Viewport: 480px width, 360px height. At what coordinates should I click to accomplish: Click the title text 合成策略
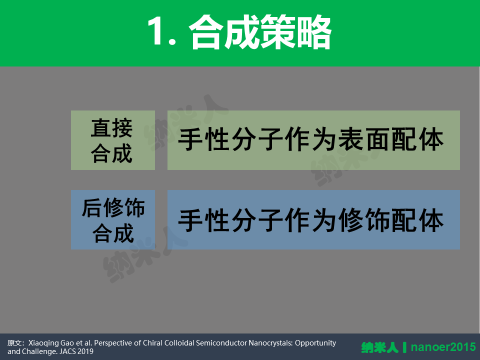[x=260, y=31]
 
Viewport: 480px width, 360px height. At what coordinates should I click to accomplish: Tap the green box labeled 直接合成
[x=113, y=140]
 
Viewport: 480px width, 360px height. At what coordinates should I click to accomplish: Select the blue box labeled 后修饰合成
[x=113, y=219]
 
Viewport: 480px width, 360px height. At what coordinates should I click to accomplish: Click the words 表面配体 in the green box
[x=391, y=140]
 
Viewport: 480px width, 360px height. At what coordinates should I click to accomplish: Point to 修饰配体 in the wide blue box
[x=391, y=220]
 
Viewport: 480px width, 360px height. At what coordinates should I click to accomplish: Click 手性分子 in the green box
[x=230, y=140]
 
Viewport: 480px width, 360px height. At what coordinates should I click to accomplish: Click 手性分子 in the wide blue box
[x=230, y=220]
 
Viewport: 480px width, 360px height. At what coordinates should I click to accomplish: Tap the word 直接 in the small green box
[x=111, y=128]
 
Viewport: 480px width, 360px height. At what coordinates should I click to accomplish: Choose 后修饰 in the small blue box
[x=113, y=207]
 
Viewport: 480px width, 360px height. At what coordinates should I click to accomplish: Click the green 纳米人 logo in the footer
[x=380, y=347]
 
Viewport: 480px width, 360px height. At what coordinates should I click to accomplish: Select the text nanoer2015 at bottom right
[x=443, y=347]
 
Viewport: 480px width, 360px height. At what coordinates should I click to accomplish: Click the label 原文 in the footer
[x=13, y=343]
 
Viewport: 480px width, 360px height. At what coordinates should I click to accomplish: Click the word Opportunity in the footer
[x=315, y=343]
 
